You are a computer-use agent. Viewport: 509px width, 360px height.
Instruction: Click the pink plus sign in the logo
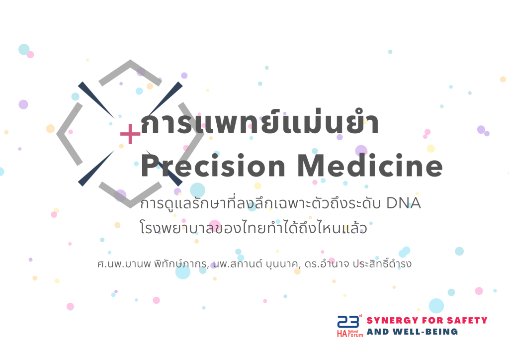(x=130, y=134)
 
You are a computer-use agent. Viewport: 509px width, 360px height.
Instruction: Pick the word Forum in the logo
(x=356, y=335)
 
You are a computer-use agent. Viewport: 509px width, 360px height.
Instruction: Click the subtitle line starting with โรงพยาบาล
(x=254, y=229)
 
